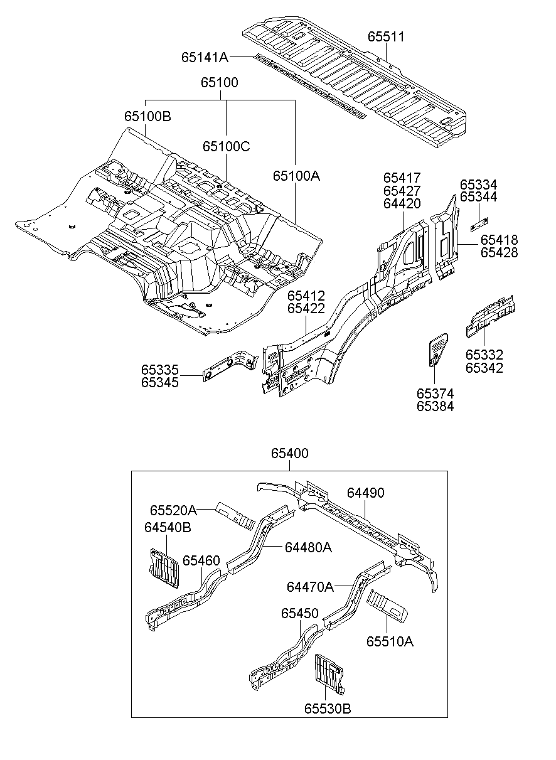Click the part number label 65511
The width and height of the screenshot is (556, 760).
386,37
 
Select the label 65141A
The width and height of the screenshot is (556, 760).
205,57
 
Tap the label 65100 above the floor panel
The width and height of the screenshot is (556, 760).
220,83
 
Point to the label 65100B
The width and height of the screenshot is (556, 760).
147,117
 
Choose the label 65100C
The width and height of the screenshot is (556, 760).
226,146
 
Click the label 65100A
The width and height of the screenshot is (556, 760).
296,176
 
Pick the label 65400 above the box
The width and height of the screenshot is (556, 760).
290,453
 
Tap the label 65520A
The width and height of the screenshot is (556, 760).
173,510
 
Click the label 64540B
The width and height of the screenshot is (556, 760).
168,527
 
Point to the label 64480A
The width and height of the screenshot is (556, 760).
308,547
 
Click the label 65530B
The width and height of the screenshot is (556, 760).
328,709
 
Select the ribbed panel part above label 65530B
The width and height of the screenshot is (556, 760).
329,675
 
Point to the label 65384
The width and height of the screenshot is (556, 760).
435,406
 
